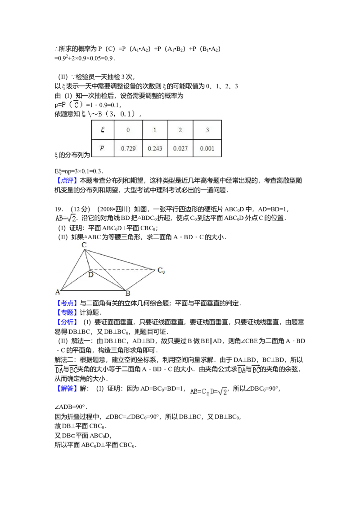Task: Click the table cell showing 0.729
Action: [128, 148]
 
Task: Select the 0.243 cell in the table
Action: [154, 148]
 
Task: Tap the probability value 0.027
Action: [180, 148]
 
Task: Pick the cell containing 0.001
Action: [207, 148]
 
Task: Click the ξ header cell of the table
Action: [103, 130]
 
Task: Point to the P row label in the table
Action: [103, 148]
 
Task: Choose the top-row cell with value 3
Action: [207, 130]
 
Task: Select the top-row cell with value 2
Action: [180, 130]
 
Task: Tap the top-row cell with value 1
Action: [154, 130]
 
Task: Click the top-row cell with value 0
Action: [128, 130]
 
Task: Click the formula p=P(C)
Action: [69, 104]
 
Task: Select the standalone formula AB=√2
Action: [66, 218]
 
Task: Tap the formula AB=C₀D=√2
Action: [209, 392]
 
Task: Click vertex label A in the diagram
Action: [58, 292]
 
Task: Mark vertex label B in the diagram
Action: [128, 294]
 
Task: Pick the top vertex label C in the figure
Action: [84, 245]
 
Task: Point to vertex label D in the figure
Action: [90, 274]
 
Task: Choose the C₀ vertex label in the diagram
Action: [161, 270]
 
